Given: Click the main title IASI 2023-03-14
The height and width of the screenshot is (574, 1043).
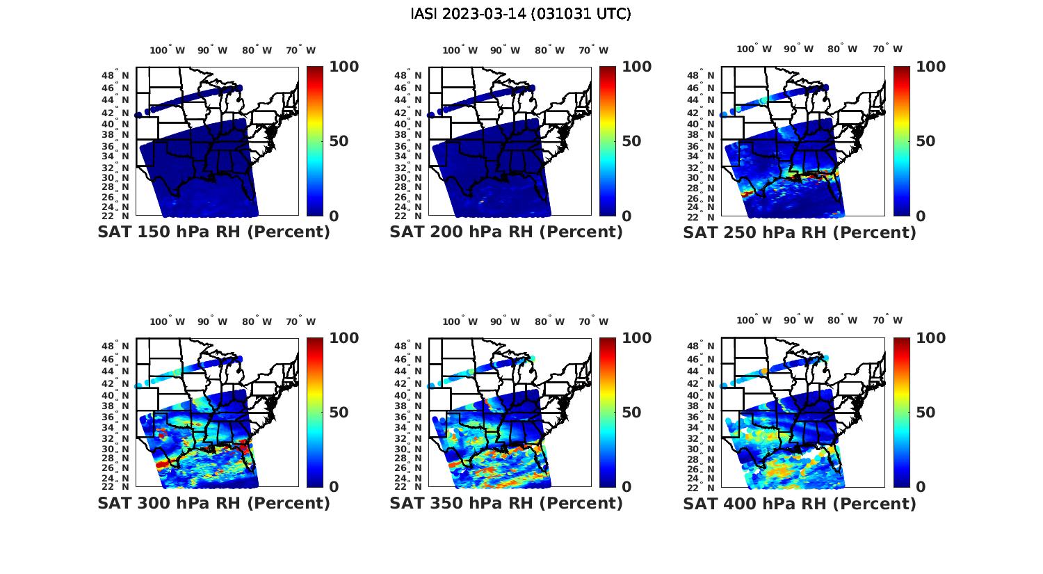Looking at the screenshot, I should pyautogui.click(x=521, y=14).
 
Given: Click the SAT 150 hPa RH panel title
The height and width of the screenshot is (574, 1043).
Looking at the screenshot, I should pyautogui.click(x=213, y=232).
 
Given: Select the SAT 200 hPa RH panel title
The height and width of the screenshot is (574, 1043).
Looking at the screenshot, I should pyautogui.click(x=506, y=232).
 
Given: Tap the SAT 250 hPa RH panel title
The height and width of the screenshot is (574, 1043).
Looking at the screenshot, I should pyautogui.click(x=800, y=232).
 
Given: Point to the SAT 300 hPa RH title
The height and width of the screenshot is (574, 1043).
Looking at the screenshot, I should pyautogui.click(x=213, y=502).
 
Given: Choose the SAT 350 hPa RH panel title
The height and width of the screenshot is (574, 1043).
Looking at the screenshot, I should pyautogui.click(x=506, y=502).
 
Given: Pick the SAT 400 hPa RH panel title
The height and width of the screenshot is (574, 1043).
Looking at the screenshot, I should pyautogui.click(x=800, y=502).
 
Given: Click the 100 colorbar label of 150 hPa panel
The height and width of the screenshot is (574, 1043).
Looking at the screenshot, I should pyautogui.click(x=344, y=67).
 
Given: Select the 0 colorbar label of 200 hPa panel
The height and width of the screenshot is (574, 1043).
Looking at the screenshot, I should pyautogui.click(x=626, y=216).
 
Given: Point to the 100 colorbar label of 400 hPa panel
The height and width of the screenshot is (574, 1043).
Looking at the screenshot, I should pyautogui.click(x=931, y=338).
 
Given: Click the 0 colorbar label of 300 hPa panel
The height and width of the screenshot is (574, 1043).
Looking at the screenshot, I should pyautogui.click(x=334, y=486).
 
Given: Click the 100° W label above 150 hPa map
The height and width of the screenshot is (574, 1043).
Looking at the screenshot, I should pyautogui.click(x=167, y=50).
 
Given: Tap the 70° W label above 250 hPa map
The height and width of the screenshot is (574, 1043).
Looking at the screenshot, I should pyautogui.click(x=888, y=49).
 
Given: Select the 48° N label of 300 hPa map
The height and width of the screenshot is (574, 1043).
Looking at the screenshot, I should pyautogui.click(x=115, y=346).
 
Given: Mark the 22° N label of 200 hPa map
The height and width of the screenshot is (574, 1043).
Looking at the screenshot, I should pyautogui.click(x=408, y=216).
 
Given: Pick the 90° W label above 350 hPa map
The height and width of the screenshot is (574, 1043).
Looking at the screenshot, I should pyautogui.click(x=505, y=321).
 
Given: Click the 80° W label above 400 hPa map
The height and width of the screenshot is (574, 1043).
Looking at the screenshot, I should pyautogui.click(x=842, y=320).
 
